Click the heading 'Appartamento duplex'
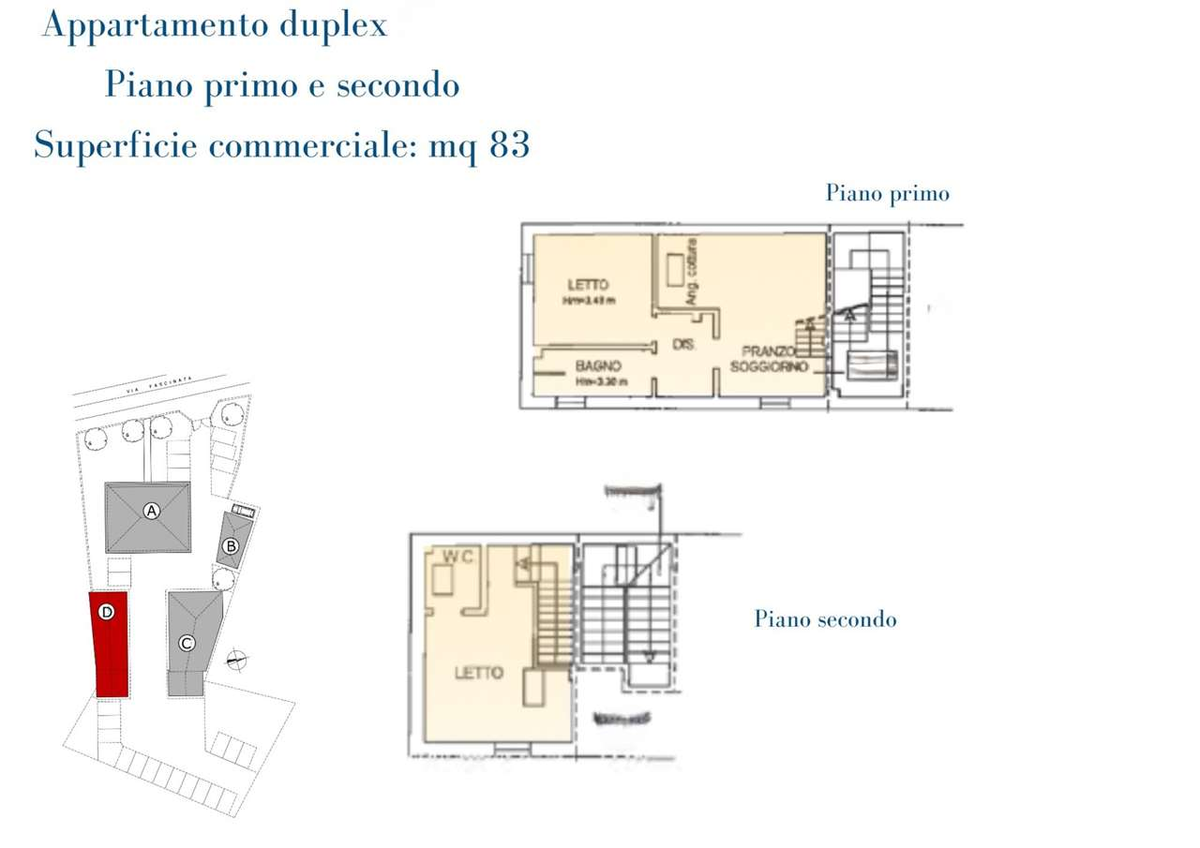(214, 25)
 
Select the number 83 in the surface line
(509, 145)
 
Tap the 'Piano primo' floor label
(887, 193)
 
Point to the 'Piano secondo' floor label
(825, 619)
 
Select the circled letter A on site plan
(151, 511)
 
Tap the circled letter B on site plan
(231, 546)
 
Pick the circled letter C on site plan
(187, 644)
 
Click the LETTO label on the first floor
(587, 285)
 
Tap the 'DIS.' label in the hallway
(684, 346)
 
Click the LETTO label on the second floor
(478, 673)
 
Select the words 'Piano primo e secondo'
(281, 85)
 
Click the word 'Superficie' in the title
(116, 145)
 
